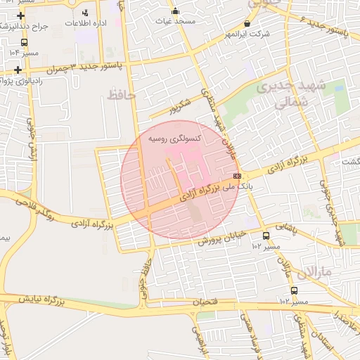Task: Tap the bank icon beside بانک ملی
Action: tap(237, 176)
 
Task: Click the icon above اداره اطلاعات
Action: tap(86, 13)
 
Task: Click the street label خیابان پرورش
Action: tap(219, 237)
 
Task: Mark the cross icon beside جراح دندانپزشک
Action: tap(21, 15)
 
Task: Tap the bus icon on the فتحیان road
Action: tap(294, 290)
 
